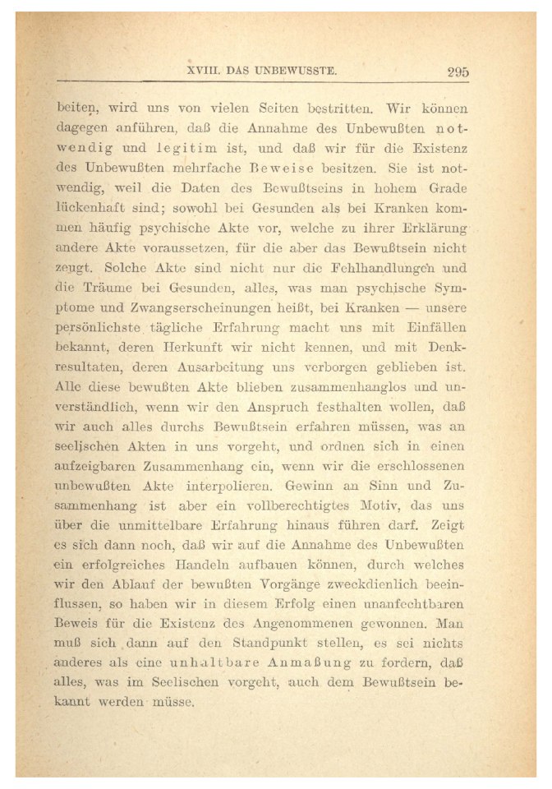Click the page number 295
pyautogui.click(x=458, y=72)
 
